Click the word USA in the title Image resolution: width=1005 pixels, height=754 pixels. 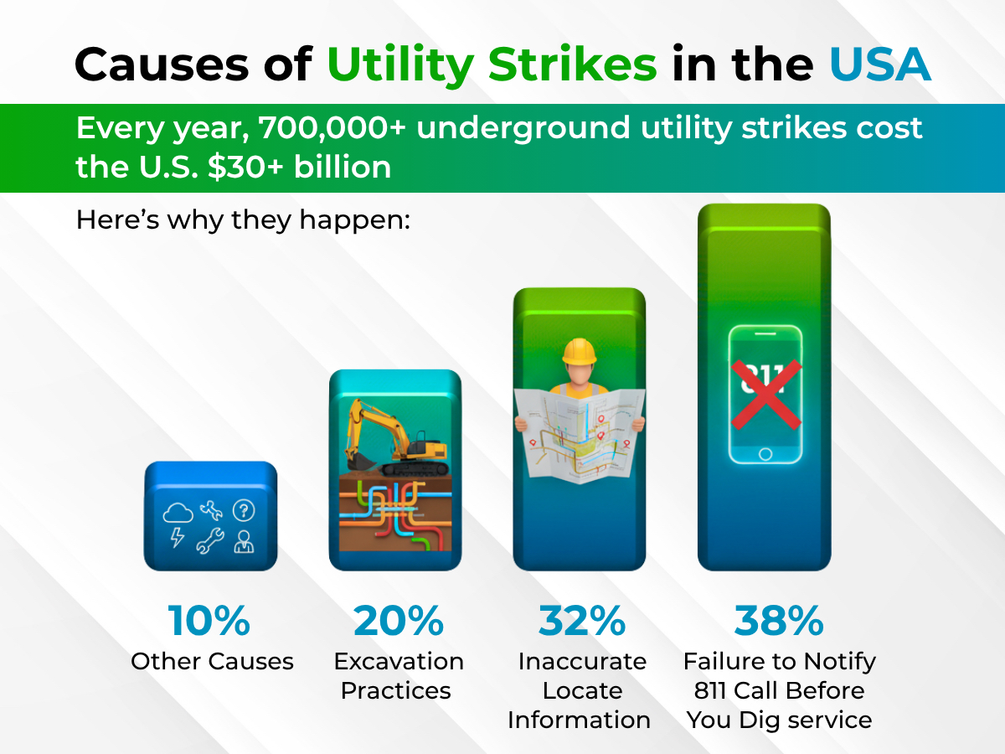coord(880,65)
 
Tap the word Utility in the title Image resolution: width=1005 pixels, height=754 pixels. coord(400,65)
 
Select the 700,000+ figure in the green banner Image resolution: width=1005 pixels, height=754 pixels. coord(332,127)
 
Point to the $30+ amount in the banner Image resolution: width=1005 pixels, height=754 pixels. coord(245,167)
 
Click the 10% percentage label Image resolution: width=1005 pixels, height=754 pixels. coord(209,621)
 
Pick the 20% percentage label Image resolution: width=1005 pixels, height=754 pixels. coord(399,621)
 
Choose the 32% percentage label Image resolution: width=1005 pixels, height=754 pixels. coord(582,621)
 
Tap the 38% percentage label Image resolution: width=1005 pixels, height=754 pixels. coord(779,621)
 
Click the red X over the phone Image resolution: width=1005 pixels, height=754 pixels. coord(766,394)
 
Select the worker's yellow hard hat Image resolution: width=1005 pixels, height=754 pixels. coord(580,352)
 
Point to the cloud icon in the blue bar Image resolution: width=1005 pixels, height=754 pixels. coord(178,513)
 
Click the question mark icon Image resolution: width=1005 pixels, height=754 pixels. coord(244,510)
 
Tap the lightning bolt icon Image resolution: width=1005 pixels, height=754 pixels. coord(177,538)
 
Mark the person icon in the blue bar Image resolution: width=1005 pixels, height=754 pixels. coord(244,541)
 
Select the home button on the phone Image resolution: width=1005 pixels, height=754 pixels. coord(765,454)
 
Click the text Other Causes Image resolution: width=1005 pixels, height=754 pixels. coord(212,662)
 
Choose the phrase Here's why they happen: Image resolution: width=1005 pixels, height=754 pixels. coord(243,219)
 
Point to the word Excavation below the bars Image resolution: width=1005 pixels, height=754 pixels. coord(399,662)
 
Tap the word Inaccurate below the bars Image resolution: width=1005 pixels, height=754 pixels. coord(582,662)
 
